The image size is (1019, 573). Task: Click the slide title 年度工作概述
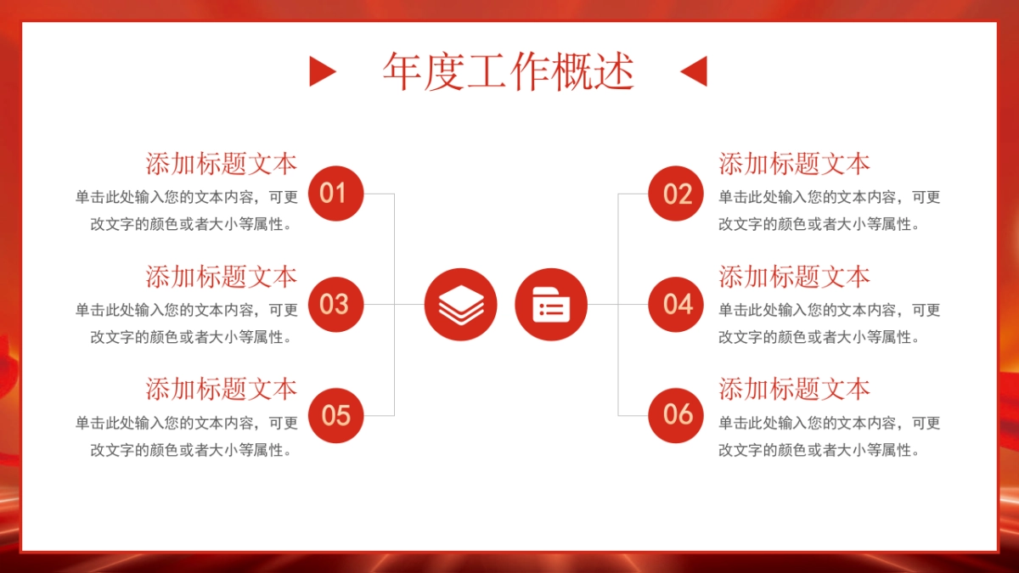coord(508,71)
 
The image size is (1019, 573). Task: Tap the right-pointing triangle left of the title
coord(321,71)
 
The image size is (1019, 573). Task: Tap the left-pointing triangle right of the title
coord(695,71)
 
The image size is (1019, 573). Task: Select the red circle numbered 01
coord(335,194)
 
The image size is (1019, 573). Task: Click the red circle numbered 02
coord(676,194)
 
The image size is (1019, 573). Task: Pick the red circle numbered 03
coord(335,304)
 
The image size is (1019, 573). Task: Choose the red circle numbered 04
coord(676,304)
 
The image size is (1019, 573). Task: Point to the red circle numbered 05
coord(335,415)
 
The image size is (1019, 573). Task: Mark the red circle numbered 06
coord(676,415)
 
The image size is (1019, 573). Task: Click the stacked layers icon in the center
coord(460,304)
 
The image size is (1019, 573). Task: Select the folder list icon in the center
coord(550,304)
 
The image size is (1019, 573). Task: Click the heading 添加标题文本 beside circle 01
coord(221,164)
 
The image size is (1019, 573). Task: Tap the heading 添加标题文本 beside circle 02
coord(794,164)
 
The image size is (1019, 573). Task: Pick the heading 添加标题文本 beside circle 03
coord(221,277)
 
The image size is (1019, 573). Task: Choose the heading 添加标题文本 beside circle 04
coord(794,277)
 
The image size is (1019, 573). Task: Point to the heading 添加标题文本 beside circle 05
coord(221,390)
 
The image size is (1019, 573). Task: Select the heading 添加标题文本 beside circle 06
coord(794,390)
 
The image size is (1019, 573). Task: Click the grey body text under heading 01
coord(187,211)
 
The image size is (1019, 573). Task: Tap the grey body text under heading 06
coord(829,436)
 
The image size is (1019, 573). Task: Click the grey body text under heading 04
coord(829,323)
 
